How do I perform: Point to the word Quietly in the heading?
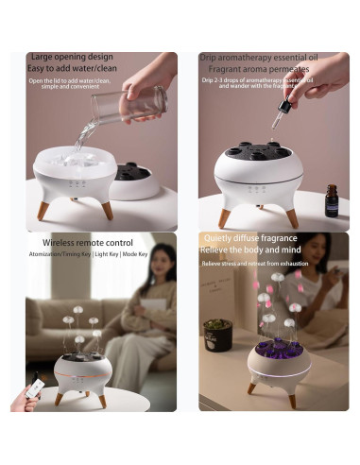tap(221, 240)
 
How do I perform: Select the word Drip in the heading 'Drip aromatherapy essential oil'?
tap(209, 58)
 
